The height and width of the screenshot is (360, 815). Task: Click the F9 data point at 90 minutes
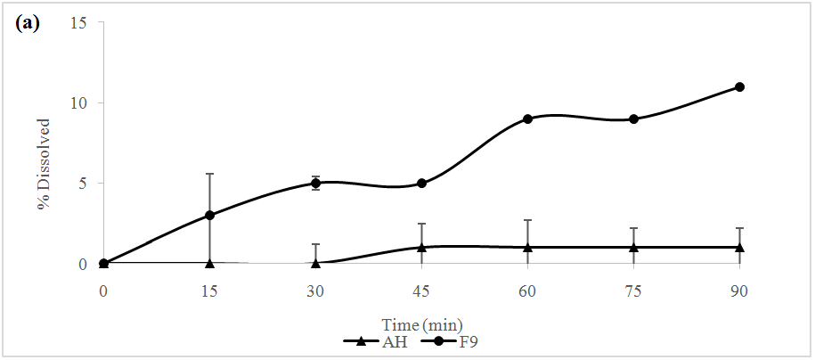tap(739, 86)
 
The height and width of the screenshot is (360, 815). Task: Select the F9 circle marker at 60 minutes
tap(527, 119)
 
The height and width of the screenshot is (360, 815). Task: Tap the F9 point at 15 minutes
tap(209, 215)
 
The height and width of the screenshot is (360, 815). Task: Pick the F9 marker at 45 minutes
tap(421, 184)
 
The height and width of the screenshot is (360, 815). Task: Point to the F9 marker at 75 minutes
tap(633, 119)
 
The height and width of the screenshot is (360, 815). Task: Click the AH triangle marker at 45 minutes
tap(421, 247)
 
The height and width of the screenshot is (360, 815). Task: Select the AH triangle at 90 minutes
tap(739, 247)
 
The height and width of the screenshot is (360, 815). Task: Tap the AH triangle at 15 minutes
tap(209, 263)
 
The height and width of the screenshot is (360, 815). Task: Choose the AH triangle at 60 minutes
tap(527, 247)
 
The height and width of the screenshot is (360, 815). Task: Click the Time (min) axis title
tap(422, 324)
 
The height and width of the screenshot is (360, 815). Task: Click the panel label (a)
tap(28, 23)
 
